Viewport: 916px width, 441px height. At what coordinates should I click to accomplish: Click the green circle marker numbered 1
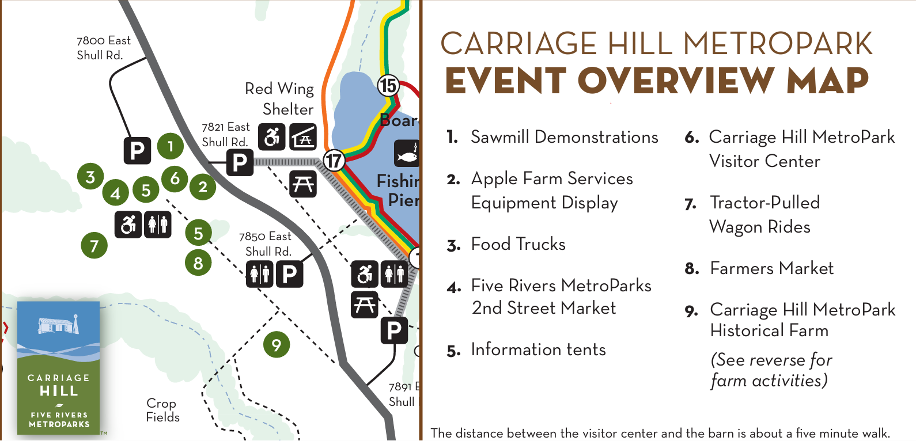(x=171, y=146)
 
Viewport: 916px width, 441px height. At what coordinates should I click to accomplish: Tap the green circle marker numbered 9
(x=277, y=344)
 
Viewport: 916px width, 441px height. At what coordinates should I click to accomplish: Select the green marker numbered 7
(x=94, y=245)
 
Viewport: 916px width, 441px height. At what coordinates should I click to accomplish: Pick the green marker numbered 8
(x=198, y=263)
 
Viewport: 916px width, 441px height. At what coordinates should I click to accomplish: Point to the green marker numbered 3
(x=90, y=176)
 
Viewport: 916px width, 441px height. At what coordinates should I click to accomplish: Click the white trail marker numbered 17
(x=334, y=160)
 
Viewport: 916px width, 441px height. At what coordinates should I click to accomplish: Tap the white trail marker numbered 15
(x=388, y=85)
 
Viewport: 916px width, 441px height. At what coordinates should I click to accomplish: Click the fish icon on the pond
(x=407, y=153)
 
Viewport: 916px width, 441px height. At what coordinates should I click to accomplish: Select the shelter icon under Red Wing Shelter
(x=303, y=137)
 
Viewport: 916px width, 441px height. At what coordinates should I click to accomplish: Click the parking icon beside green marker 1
(x=137, y=150)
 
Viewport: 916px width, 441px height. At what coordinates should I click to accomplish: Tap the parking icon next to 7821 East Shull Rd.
(x=240, y=162)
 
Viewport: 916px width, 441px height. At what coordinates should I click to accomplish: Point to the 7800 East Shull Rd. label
(x=104, y=48)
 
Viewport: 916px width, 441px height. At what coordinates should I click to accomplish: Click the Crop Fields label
(x=162, y=410)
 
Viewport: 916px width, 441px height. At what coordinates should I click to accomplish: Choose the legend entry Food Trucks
(x=506, y=245)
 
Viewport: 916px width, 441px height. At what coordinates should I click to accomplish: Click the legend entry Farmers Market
(x=759, y=268)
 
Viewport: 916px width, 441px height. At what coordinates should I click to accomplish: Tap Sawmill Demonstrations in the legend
(x=552, y=138)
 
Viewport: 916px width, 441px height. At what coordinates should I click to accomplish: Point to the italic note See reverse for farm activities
(x=771, y=370)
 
